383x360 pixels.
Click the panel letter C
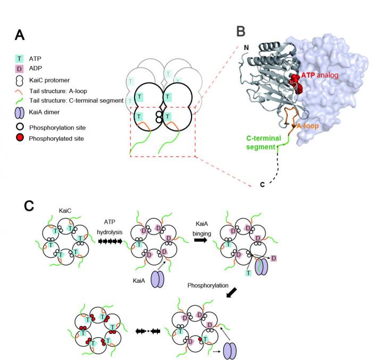coord(31,205)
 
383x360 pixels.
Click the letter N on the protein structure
coord(245,47)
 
